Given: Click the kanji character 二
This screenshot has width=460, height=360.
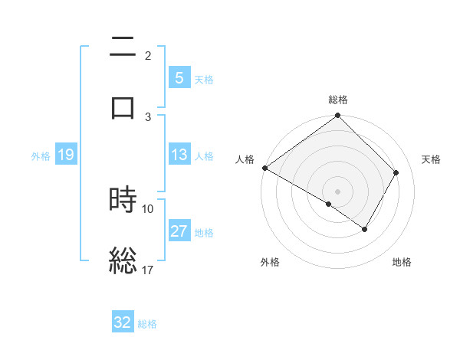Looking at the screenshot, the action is click(x=123, y=48).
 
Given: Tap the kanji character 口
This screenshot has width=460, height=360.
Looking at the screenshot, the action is click(x=123, y=106).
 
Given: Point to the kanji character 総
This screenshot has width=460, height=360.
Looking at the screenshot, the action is click(x=123, y=260).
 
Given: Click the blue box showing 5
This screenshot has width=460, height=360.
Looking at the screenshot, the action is click(x=179, y=77).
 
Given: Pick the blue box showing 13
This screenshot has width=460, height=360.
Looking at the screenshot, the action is click(x=179, y=155).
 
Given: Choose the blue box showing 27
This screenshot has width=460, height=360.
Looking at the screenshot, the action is click(x=179, y=231).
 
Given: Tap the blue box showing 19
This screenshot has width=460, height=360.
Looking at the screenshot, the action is click(x=65, y=155).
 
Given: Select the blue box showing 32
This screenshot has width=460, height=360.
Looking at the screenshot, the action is click(x=123, y=322).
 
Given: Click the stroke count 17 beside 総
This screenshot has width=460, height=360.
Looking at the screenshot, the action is click(x=148, y=270).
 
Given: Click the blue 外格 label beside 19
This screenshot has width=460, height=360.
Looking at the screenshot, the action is click(x=41, y=155).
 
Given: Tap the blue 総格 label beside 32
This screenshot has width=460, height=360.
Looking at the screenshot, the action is click(x=147, y=323).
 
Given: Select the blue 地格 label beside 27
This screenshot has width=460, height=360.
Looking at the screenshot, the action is click(x=204, y=232).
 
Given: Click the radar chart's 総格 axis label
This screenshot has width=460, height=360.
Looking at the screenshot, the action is click(x=338, y=100).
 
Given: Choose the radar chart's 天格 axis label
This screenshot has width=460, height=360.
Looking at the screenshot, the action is click(x=432, y=159).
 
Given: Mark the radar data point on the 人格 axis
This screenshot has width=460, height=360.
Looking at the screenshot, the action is click(x=264, y=168).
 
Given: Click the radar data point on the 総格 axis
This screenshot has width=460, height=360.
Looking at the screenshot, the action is click(x=338, y=116).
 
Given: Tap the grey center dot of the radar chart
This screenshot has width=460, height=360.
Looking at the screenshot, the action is click(x=338, y=191).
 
